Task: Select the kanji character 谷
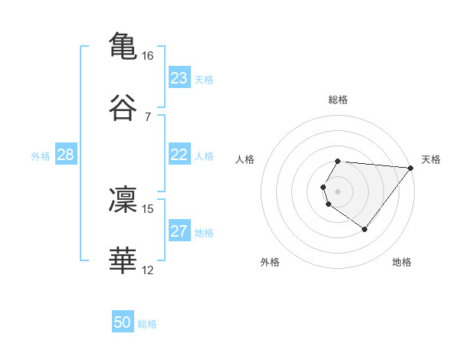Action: coord(123,108)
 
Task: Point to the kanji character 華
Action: coord(123,260)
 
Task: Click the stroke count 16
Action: coord(148,56)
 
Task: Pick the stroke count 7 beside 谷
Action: coord(147,117)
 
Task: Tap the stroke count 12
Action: coord(148,270)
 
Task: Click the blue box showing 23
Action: coord(179,78)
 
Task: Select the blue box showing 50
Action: coord(123,323)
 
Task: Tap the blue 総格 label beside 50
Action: coord(147,324)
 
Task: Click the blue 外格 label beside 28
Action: coord(41,156)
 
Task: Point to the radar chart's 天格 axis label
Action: coord(431,159)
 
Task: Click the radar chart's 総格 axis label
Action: coord(338,100)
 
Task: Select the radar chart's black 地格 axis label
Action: coord(402,262)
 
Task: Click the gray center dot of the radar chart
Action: coord(338,191)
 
